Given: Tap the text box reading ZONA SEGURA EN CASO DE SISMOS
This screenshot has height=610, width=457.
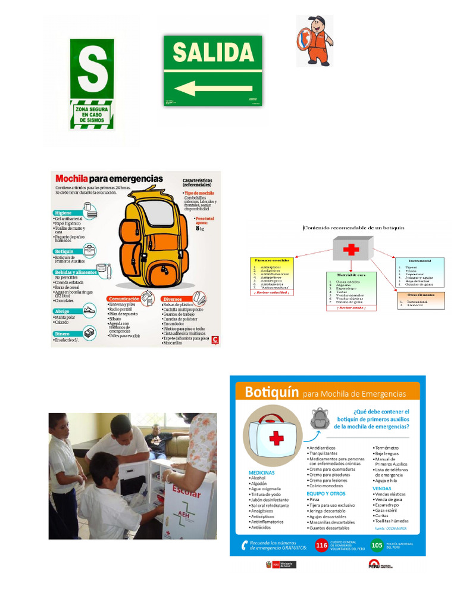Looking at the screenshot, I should [x=92, y=114].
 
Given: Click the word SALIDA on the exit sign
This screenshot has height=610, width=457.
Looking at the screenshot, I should [x=212, y=52].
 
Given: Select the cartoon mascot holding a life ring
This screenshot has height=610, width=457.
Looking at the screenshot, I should [x=315, y=41].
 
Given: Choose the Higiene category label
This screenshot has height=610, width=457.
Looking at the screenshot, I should [x=63, y=213].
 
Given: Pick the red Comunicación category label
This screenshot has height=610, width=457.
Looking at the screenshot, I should [x=124, y=298].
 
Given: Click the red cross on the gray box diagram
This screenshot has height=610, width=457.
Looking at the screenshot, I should [x=352, y=248].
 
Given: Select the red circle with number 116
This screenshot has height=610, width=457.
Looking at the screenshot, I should [x=321, y=544].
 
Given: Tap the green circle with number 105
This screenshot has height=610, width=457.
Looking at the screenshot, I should [x=376, y=544].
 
